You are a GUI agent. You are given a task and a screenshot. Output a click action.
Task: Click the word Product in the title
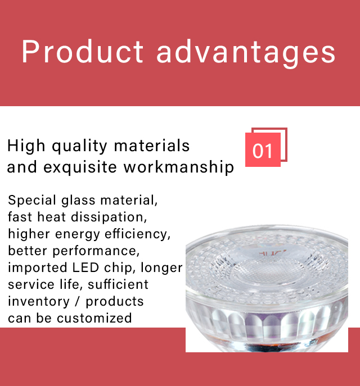(83, 52)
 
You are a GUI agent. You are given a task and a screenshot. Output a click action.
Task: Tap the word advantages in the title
(246, 54)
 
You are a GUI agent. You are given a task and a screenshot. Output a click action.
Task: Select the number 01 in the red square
(263, 151)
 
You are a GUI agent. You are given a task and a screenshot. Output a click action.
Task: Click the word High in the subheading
(26, 146)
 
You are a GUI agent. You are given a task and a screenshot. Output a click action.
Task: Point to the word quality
(79, 146)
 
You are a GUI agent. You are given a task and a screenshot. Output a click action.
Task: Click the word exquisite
(80, 167)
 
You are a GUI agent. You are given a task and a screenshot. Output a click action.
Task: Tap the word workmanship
(179, 167)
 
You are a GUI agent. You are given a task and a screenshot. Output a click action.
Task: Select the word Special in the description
(32, 201)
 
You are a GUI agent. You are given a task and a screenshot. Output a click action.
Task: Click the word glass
(78, 201)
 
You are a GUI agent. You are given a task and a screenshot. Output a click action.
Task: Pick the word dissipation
(109, 217)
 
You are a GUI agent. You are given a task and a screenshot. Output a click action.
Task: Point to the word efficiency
(137, 234)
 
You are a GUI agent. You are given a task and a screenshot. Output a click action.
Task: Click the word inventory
(39, 302)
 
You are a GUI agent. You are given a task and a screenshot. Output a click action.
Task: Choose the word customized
(94, 318)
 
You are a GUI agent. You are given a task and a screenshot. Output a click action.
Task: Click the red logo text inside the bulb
(272, 253)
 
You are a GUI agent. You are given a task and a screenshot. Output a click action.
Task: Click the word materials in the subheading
(151, 146)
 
